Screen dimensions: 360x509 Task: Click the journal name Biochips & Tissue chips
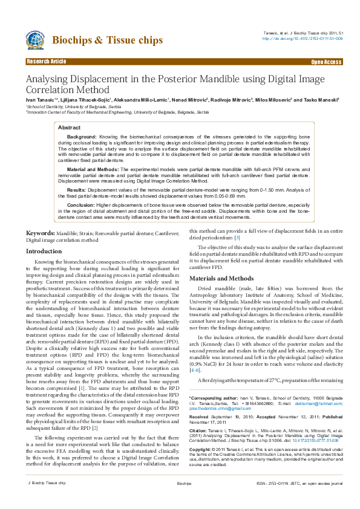click(x=108, y=41)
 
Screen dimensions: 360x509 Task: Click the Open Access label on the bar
click(x=326, y=62)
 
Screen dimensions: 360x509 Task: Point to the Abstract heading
click(x=68, y=128)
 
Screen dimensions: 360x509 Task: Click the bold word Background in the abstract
click(x=82, y=137)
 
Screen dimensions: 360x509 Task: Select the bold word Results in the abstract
click(x=77, y=189)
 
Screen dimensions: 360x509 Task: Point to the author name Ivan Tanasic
click(x=40, y=99)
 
